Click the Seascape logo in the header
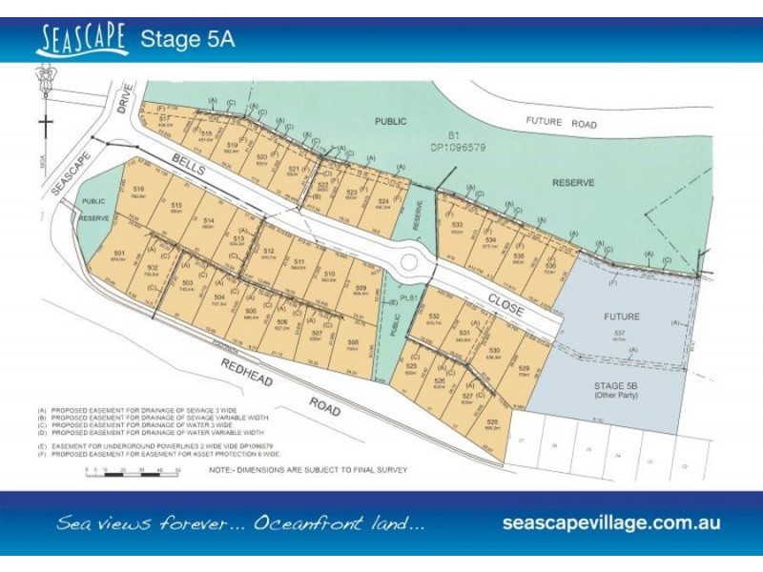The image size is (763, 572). (83, 39)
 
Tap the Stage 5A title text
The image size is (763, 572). (188, 40)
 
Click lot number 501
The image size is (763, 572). (118, 254)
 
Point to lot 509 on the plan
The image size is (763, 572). (360, 290)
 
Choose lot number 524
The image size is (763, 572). (382, 202)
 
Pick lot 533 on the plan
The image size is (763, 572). (458, 228)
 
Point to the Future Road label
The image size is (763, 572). (562, 124)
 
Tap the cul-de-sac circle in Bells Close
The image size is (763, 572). (410, 258)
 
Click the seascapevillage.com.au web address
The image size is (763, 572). (610, 523)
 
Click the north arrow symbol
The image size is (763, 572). (44, 105)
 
